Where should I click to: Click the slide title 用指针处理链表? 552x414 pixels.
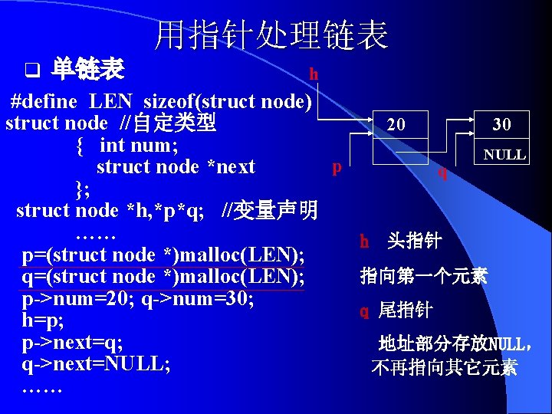(271, 35)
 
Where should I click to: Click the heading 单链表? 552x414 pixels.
(87, 71)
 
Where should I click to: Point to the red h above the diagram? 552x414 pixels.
(314, 74)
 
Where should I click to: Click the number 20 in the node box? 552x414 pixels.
(396, 124)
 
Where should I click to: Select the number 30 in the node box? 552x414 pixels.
(501, 124)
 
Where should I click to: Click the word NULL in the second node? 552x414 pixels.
(504, 155)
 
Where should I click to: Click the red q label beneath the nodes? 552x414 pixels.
(442, 172)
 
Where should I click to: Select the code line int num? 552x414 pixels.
(139, 144)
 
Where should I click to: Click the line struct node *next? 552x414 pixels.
(176, 166)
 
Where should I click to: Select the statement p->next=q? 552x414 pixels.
(73, 342)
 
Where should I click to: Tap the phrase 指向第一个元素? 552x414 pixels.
(424, 275)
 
